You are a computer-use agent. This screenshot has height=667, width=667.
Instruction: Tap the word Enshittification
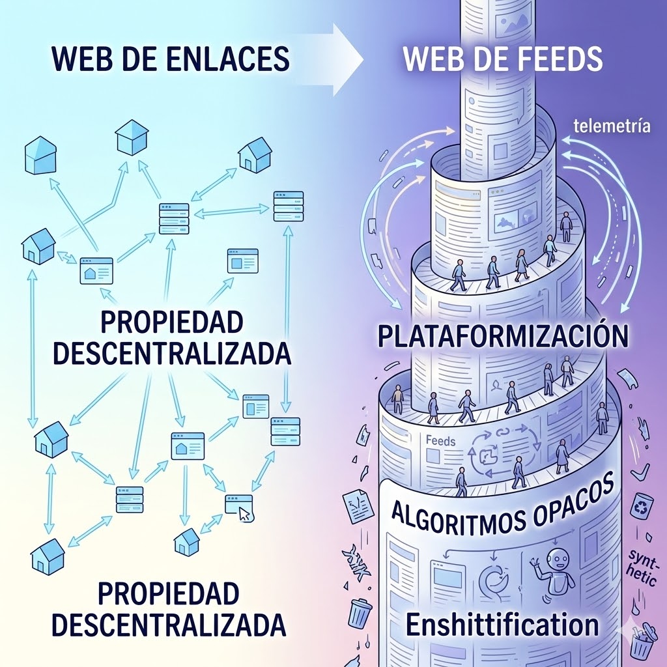[x=502, y=625]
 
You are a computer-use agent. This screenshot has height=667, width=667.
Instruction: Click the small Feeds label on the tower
[x=440, y=441]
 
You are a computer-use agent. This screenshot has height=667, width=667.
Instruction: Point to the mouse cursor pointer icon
[x=244, y=513]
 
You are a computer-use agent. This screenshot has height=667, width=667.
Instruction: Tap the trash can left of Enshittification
[x=360, y=612]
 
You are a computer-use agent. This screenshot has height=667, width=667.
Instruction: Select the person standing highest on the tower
[x=565, y=225]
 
